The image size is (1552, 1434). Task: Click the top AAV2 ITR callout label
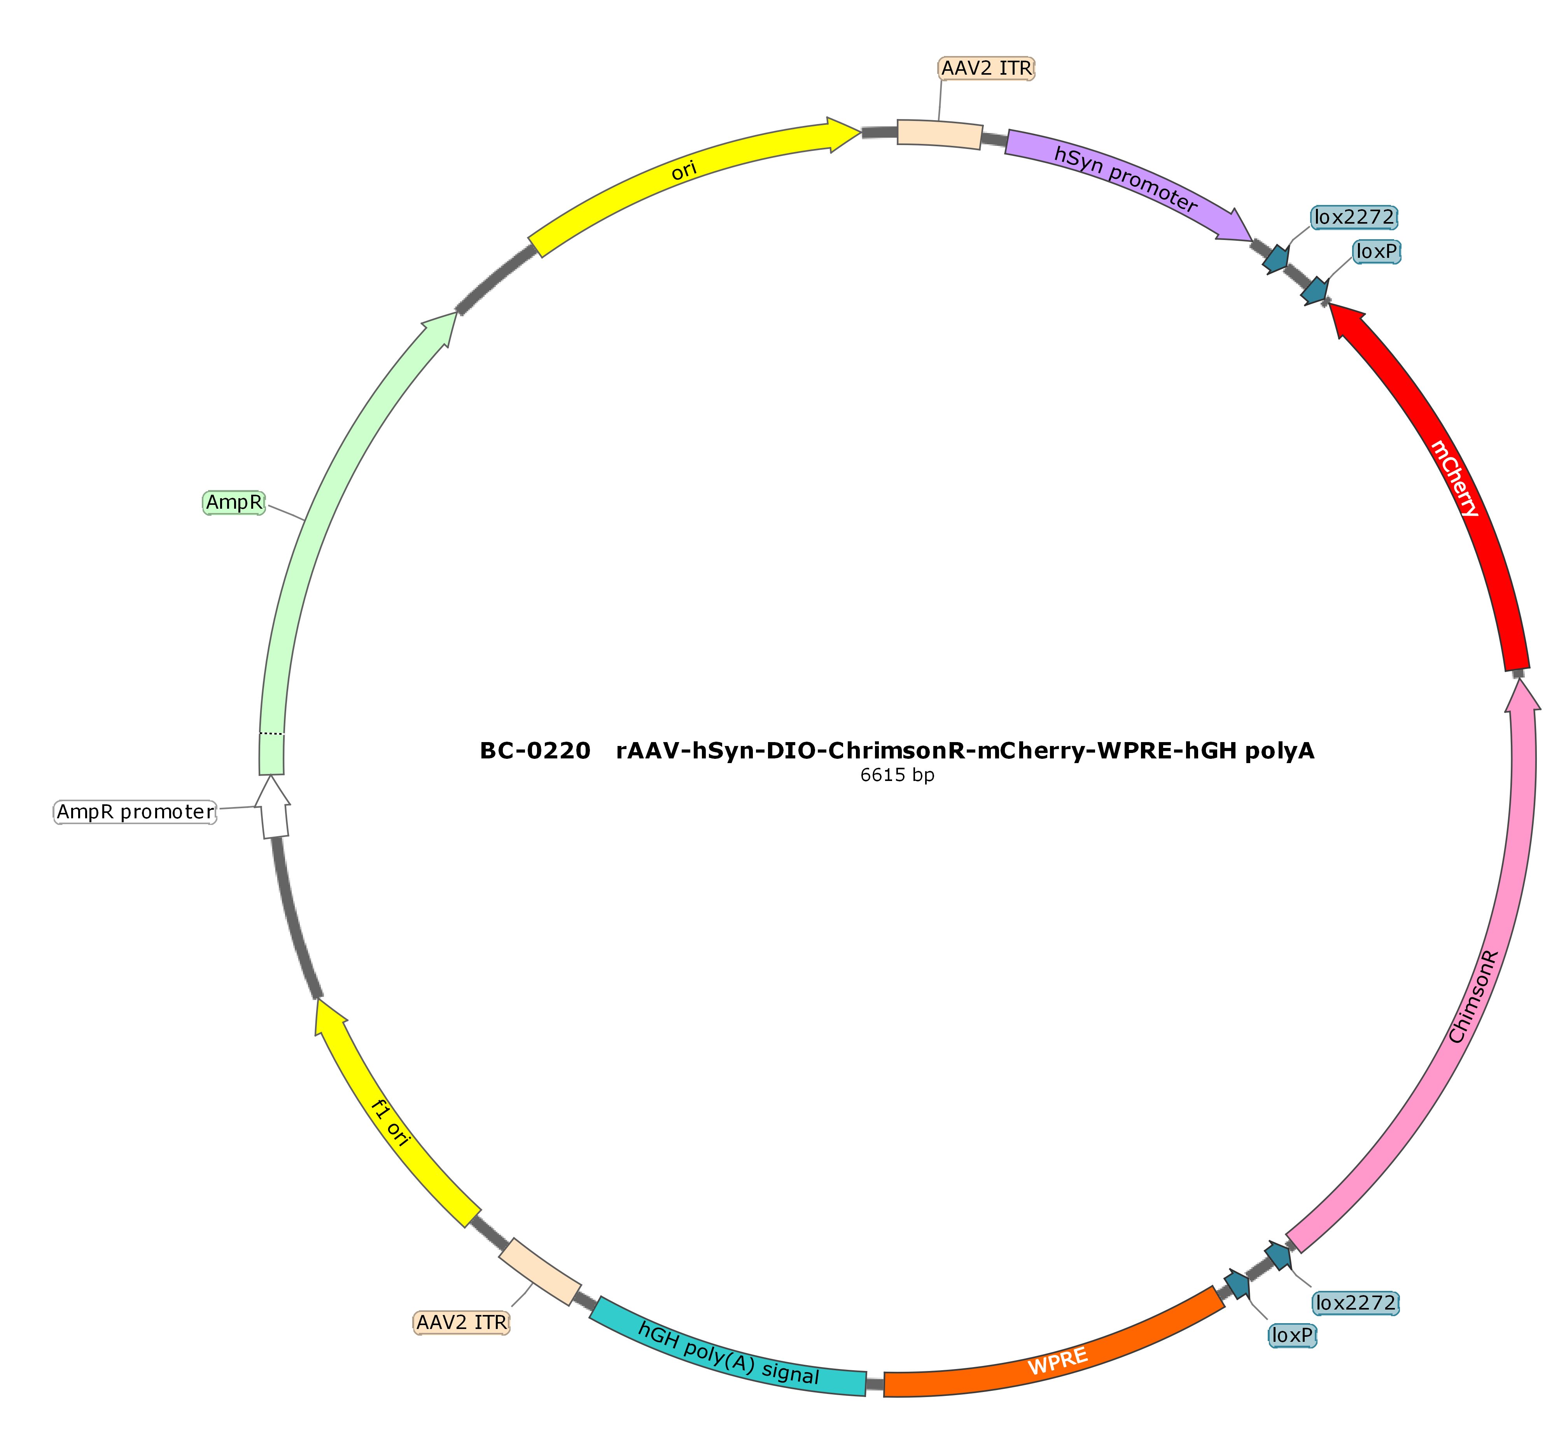(x=986, y=68)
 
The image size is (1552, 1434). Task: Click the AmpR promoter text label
(x=135, y=812)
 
